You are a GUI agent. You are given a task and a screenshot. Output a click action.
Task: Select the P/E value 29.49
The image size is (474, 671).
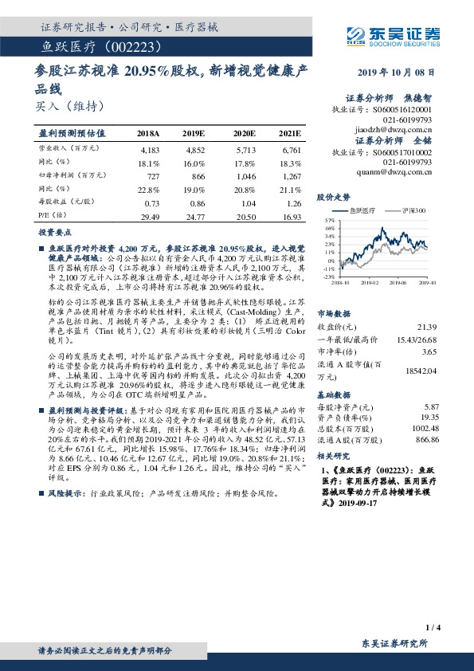(x=149, y=215)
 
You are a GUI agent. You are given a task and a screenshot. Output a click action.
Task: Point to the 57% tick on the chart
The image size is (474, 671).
(x=330, y=218)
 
